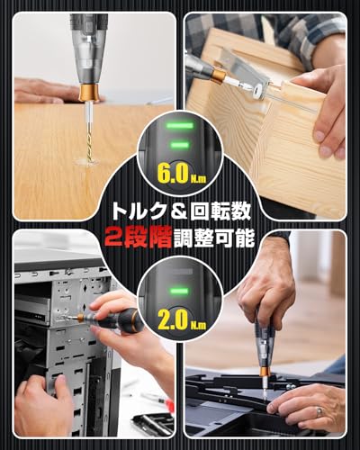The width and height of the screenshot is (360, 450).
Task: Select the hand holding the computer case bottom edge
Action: [x=40, y=405]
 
